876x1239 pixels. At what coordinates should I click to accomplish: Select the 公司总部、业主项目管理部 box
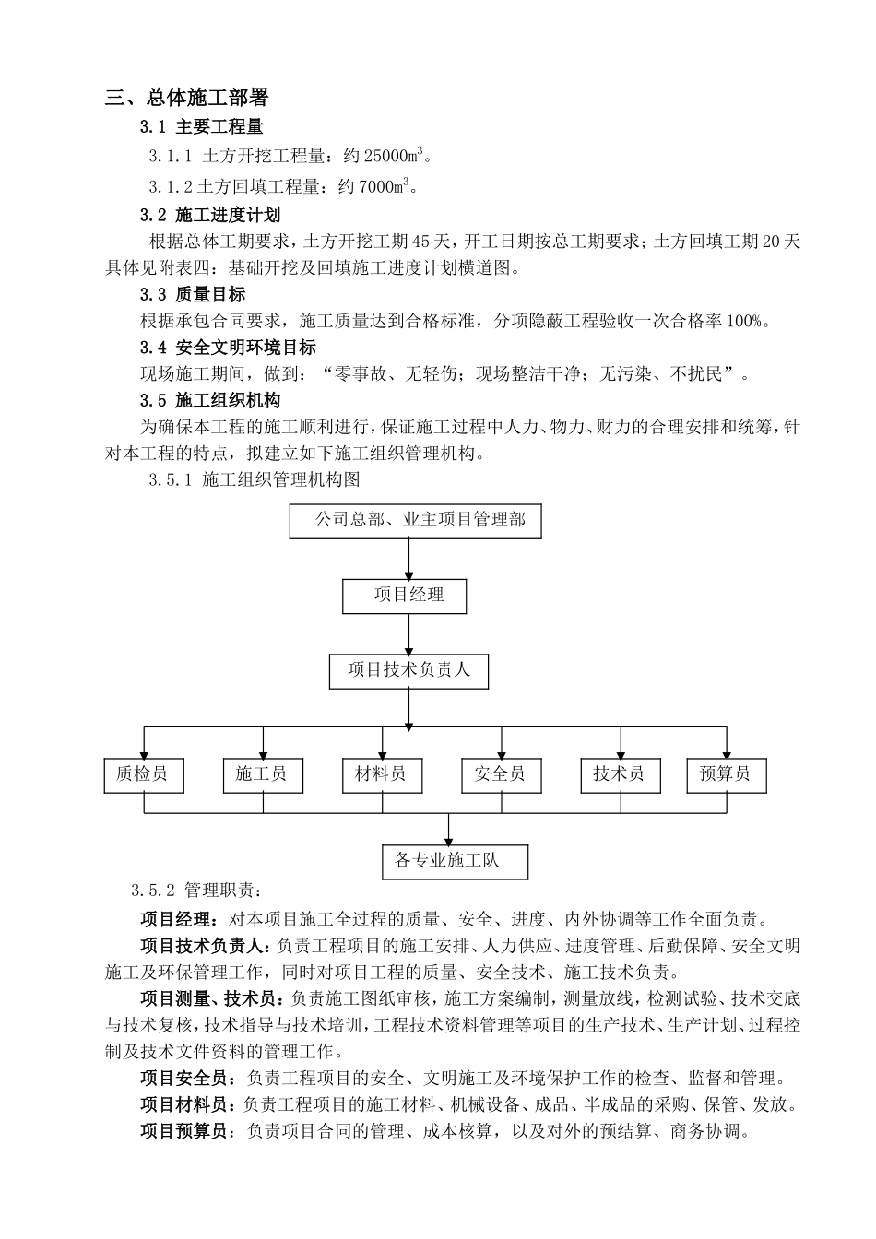click(x=415, y=521)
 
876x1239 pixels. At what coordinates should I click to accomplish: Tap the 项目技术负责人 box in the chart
click(x=408, y=671)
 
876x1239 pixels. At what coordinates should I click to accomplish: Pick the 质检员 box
click(x=143, y=775)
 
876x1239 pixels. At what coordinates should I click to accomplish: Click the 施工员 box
click(x=263, y=775)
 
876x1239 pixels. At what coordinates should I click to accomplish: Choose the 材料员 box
click(x=382, y=775)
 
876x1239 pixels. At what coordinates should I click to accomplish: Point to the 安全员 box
click(x=501, y=775)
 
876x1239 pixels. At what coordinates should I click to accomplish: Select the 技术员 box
click(x=620, y=775)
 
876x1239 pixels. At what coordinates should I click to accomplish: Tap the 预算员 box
click(x=727, y=775)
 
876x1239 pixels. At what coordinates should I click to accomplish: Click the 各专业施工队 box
click(x=455, y=862)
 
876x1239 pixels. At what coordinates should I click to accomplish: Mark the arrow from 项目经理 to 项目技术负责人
click(x=408, y=634)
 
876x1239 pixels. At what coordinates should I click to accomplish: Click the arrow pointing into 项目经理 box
click(x=408, y=559)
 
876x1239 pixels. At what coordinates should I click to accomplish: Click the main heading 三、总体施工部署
click(x=187, y=98)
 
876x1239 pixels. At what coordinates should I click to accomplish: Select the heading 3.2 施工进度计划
click(x=210, y=216)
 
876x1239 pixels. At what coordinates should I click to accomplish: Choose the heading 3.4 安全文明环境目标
click(x=228, y=348)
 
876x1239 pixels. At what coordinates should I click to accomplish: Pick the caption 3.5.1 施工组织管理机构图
click(x=253, y=480)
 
